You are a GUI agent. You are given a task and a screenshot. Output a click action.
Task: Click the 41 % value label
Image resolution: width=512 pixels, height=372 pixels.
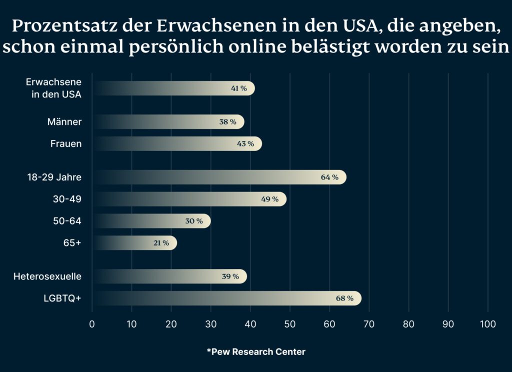(238, 88)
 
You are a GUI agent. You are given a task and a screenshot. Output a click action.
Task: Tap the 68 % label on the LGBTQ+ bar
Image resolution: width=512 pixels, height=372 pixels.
(344, 298)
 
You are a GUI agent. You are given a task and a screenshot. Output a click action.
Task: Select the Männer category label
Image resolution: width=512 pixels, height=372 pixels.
(64, 122)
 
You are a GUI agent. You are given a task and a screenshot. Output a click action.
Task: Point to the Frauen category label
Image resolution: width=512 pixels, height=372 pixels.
(65, 144)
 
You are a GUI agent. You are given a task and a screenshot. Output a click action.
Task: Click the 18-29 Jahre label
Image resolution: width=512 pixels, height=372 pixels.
(54, 177)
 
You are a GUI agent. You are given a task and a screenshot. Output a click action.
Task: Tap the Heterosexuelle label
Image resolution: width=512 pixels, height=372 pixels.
(47, 276)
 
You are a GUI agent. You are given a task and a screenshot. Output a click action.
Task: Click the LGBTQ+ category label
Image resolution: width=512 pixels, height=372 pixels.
(62, 298)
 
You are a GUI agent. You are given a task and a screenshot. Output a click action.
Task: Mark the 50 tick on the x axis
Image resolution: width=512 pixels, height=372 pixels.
(290, 324)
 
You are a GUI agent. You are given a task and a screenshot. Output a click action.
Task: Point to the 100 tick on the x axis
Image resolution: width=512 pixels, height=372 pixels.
(487, 324)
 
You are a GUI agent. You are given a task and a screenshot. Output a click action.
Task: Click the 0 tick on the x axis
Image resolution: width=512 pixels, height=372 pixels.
(92, 324)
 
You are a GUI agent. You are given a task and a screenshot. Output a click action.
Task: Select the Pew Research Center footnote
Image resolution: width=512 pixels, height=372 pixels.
(256, 352)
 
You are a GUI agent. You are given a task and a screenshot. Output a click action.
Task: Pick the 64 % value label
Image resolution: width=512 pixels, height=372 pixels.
(329, 177)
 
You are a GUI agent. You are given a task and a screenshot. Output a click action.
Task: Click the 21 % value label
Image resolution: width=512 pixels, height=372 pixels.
(161, 243)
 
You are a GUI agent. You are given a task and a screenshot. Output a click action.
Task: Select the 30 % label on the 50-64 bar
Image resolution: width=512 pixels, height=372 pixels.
(194, 221)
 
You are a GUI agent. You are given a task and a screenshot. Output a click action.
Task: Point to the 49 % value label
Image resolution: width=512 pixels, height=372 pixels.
(269, 199)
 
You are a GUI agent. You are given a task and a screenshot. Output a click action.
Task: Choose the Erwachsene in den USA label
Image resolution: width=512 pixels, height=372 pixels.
(53, 88)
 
